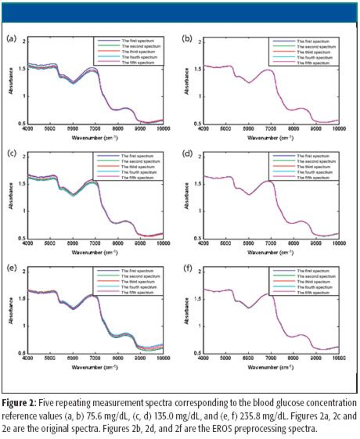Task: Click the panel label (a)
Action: (11, 38)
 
